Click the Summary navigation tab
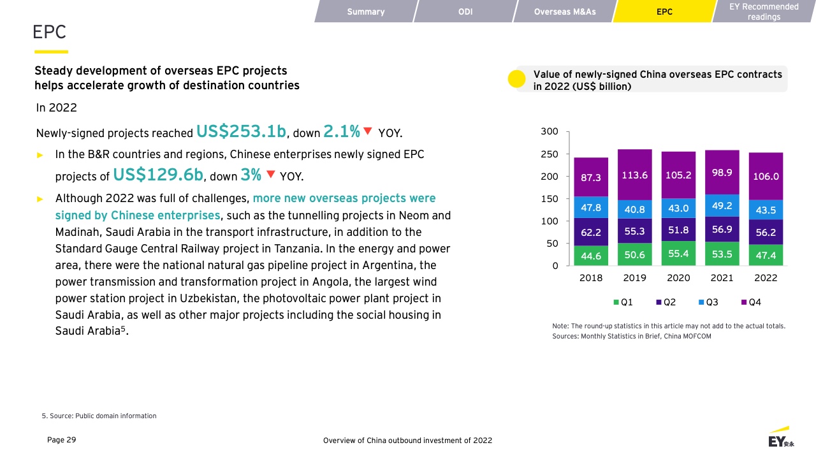click(365, 11)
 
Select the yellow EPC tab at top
click(664, 11)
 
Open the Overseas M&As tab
click(565, 11)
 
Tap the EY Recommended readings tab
click(764, 11)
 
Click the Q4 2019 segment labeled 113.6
click(634, 175)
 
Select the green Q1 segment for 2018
click(591, 256)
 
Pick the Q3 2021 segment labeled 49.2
click(722, 206)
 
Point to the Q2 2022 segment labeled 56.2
click(766, 232)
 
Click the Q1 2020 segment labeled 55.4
click(678, 254)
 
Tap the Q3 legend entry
click(708, 302)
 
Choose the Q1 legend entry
click(623, 302)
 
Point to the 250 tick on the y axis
click(550, 154)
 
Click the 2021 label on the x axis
click(722, 278)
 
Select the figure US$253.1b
click(241, 131)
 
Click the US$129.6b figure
click(158, 175)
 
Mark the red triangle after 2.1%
click(368, 131)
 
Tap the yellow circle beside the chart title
click(516, 78)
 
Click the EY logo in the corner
click(781, 437)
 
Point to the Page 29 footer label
click(62, 440)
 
